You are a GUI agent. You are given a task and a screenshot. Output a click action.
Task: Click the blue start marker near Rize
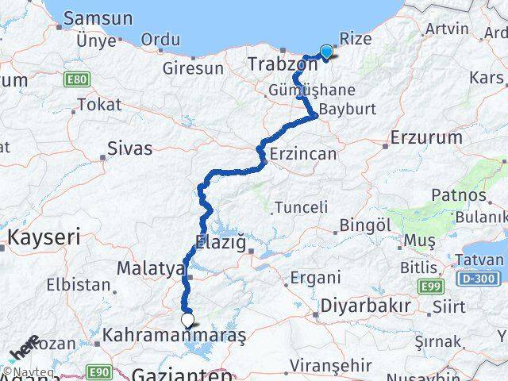pyautogui.click(x=325, y=52)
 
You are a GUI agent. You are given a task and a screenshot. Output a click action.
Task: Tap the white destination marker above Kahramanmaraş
pyautogui.click(x=188, y=320)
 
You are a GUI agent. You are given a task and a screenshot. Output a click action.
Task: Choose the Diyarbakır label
pyautogui.click(x=366, y=306)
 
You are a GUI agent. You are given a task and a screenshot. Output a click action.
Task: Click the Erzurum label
pyautogui.click(x=426, y=137)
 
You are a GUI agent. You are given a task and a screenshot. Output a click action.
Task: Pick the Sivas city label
pyautogui.click(x=130, y=147)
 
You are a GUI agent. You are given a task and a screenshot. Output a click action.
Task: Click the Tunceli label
pyautogui.click(x=301, y=207)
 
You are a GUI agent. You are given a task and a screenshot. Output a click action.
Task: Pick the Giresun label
pyautogui.click(x=194, y=68)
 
